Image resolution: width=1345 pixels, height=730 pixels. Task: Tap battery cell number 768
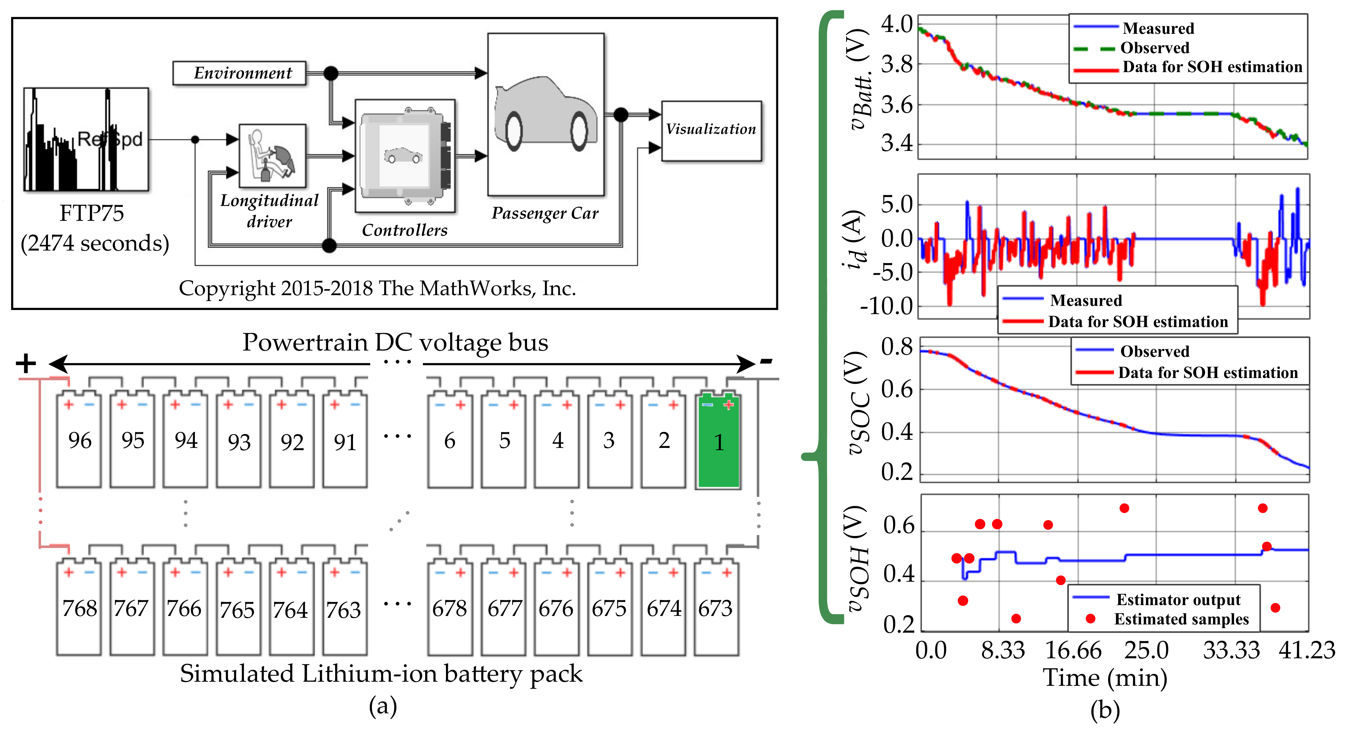79,608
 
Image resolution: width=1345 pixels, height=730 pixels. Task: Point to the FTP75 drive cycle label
92,213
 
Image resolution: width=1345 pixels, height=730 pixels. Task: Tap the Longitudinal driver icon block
272,155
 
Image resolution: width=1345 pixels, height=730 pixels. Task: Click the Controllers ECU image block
405,155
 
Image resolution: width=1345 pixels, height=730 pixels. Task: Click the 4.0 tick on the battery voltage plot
896,24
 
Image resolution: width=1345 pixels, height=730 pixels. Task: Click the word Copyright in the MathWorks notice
227,288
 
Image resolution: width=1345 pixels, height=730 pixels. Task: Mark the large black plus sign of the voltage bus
26,364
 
